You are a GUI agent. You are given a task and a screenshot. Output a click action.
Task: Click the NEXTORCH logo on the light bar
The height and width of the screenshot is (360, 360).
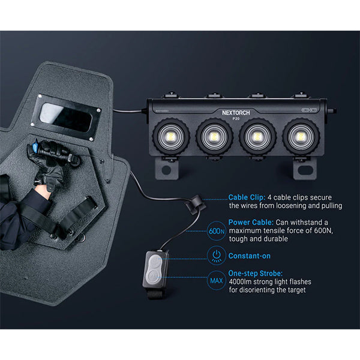pyautogui.click(x=236, y=113)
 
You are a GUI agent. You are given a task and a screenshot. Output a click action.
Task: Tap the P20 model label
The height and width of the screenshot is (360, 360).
pyautogui.click(x=236, y=119)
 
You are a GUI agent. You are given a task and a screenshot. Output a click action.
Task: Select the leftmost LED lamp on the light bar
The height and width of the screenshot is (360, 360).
pyautogui.click(x=171, y=136)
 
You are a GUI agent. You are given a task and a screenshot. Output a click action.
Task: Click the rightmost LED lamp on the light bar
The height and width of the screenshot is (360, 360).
pyautogui.click(x=301, y=136)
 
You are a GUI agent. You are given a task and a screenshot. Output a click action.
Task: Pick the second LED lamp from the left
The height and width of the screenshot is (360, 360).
pyautogui.click(x=214, y=136)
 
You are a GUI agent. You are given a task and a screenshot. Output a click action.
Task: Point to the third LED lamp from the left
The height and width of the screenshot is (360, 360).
pyautogui.click(x=257, y=136)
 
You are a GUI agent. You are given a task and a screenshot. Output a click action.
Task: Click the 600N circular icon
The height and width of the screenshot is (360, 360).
pyautogui.click(x=216, y=231)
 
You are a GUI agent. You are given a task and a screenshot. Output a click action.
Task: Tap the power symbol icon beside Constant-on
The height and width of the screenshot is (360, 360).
pyautogui.click(x=216, y=256)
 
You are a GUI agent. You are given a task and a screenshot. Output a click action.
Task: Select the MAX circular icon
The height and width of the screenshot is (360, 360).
pyautogui.click(x=216, y=280)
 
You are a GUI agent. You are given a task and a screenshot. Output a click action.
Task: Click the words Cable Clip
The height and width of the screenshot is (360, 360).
pyautogui.click(x=247, y=197)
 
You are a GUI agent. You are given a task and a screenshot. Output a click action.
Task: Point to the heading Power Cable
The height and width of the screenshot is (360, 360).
pyautogui.click(x=251, y=222)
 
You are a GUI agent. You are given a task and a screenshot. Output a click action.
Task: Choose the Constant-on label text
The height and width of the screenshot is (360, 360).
pyautogui.click(x=250, y=256)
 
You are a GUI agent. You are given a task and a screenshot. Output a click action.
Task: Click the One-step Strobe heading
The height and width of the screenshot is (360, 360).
pyautogui.click(x=256, y=273)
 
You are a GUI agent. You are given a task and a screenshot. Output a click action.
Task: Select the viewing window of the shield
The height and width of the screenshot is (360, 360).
pyautogui.click(x=67, y=118)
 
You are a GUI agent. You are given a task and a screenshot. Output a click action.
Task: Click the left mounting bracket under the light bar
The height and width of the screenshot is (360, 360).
pyautogui.click(x=167, y=169)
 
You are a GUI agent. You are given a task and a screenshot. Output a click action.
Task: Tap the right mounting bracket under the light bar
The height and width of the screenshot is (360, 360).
pyautogui.click(x=305, y=169)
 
